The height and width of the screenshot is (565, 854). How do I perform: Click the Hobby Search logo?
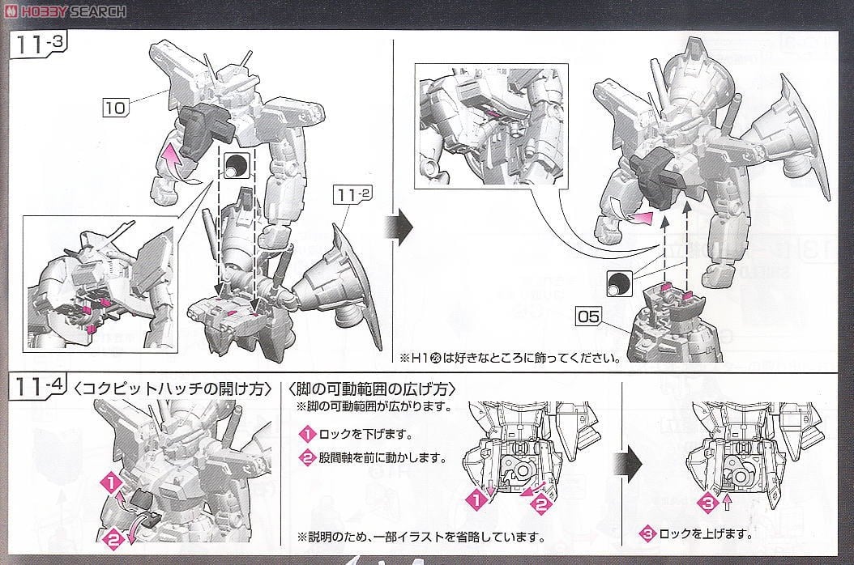[65, 11]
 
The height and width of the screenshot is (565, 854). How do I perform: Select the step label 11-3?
[39, 46]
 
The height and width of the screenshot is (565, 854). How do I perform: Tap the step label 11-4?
[39, 387]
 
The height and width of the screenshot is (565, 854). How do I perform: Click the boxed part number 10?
[117, 107]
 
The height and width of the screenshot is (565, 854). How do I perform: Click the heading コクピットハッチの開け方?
[173, 388]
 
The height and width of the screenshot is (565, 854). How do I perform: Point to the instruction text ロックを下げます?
[359, 434]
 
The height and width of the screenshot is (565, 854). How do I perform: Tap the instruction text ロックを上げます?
[699, 534]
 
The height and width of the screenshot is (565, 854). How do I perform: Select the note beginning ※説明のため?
[420, 537]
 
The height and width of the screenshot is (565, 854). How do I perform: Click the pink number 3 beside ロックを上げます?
[648, 534]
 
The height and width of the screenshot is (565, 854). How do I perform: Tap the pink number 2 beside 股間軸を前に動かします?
[307, 458]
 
